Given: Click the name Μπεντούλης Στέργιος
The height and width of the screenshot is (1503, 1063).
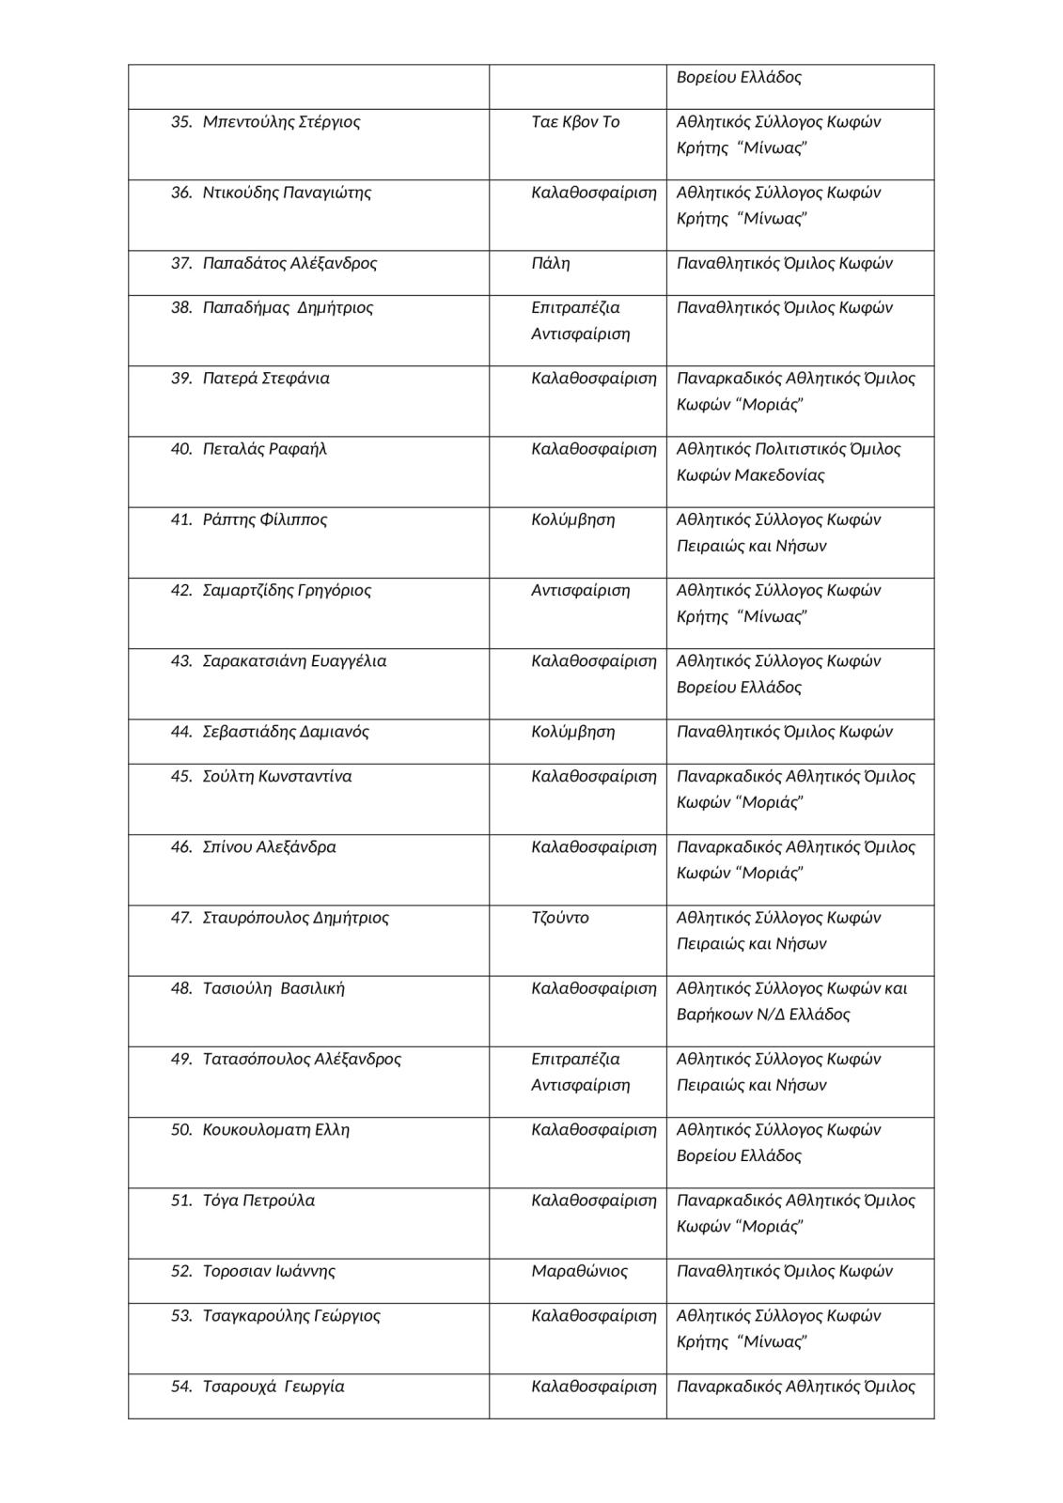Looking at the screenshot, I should pos(281,122).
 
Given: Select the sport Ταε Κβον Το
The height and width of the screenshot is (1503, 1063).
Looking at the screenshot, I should pos(575,122).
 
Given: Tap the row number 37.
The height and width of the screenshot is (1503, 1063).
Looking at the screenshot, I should pos(181,263).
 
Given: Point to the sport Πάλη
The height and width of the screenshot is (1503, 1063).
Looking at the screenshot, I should pos(550,263).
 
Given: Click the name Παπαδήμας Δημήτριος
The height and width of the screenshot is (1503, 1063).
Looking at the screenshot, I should pos(288,308).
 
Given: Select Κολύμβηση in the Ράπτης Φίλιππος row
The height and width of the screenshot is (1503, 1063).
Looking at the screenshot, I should pos(572,519).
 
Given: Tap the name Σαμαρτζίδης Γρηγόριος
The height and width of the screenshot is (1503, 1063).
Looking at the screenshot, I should pos(287,591).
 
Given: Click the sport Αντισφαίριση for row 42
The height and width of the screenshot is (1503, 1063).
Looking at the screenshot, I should pos(580,591).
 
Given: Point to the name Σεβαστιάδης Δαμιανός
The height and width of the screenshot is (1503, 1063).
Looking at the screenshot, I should pos(286,732).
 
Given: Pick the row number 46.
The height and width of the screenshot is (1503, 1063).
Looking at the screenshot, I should pos(181,847).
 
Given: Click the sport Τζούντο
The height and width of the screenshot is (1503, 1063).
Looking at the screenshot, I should pos(560,918).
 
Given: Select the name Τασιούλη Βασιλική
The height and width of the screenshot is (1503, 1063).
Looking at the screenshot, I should pos(274,988).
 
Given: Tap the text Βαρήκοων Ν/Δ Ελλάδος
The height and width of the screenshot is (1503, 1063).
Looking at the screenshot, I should pos(763,1015).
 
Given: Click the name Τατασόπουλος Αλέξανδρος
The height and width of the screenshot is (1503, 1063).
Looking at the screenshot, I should pos(302,1060).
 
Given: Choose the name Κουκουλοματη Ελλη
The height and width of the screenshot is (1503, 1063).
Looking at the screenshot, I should pos(275,1130).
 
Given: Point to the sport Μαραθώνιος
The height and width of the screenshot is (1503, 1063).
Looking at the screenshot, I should pos(579,1271).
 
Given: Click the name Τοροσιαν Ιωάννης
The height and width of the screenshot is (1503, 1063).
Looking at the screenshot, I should pos(269,1271).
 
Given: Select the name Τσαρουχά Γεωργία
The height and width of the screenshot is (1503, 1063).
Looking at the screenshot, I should pos(274,1387).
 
